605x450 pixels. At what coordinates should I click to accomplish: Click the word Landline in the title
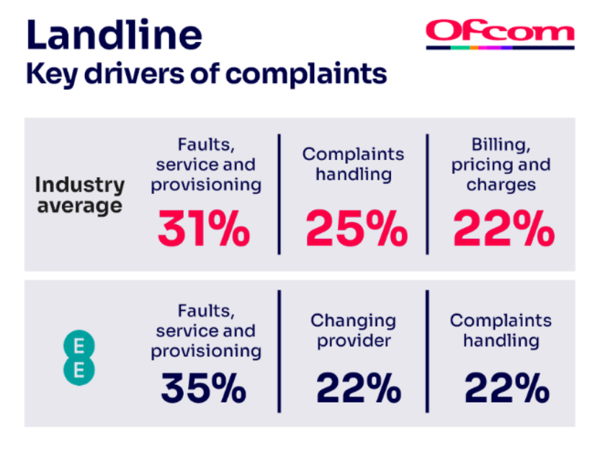(x=114, y=34)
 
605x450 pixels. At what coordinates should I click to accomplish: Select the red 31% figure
(x=204, y=230)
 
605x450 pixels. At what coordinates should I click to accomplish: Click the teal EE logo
(x=74, y=358)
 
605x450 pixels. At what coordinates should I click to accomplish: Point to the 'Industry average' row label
(x=79, y=195)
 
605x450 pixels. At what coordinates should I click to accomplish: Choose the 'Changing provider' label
(x=353, y=330)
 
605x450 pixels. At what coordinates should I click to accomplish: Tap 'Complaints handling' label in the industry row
(x=353, y=164)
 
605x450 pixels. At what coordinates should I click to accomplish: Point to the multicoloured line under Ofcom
(x=500, y=48)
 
